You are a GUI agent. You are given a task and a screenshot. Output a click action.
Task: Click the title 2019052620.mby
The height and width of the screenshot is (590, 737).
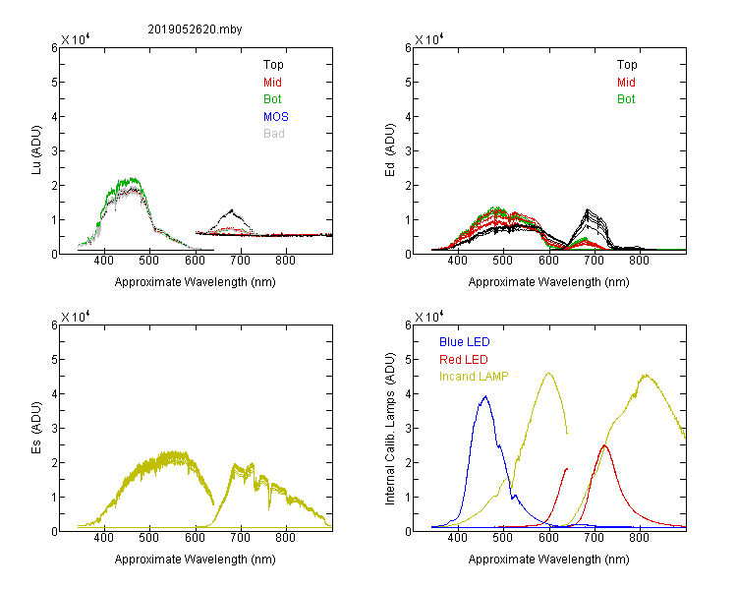click(x=195, y=29)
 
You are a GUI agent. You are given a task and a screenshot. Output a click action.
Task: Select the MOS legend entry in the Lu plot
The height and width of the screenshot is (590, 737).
click(x=276, y=117)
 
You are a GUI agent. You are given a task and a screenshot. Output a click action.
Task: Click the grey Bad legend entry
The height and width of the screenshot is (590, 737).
click(x=274, y=134)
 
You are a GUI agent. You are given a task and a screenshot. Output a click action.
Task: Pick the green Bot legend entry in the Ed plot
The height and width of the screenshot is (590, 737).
click(x=626, y=99)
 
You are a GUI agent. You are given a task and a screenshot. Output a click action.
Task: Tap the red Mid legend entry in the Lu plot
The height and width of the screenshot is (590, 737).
click(x=272, y=83)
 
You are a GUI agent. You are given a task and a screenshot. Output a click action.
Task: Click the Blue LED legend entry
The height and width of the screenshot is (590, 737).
click(x=465, y=342)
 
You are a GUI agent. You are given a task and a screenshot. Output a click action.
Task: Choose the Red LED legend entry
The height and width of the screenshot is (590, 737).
click(x=464, y=360)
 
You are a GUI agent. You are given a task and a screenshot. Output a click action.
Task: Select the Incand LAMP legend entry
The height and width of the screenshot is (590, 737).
click(x=474, y=377)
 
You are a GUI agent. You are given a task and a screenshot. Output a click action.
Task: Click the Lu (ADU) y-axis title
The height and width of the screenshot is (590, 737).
click(x=36, y=149)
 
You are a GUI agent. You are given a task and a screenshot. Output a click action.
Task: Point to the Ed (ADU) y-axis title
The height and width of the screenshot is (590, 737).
click(x=390, y=150)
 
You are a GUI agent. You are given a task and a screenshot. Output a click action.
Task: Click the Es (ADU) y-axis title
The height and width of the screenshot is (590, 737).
click(x=36, y=428)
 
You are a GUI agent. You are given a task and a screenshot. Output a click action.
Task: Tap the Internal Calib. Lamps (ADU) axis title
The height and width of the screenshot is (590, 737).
click(x=390, y=429)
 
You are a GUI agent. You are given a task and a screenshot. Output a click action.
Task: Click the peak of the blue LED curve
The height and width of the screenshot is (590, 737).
click(x=485, y=396)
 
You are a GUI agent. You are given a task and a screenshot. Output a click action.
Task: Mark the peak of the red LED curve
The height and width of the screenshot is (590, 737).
click(x=604, y=445)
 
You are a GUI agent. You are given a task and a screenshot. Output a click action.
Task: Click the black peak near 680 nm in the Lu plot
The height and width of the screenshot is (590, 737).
click(x=232, y=210)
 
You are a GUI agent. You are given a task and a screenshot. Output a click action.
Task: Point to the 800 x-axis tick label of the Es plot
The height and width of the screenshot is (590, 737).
click(x=285, y=538)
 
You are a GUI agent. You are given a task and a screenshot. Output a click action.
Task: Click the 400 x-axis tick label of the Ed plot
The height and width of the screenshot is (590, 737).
click(x=457, y=261)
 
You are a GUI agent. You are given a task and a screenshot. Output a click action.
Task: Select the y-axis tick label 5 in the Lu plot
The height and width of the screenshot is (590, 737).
click(x=54, y=83)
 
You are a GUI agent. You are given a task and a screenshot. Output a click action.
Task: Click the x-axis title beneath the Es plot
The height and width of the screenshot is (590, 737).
click(x=196, y=560)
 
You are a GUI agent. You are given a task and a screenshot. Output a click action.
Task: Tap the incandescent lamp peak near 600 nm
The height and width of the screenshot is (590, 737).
click(x=548, y=374)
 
